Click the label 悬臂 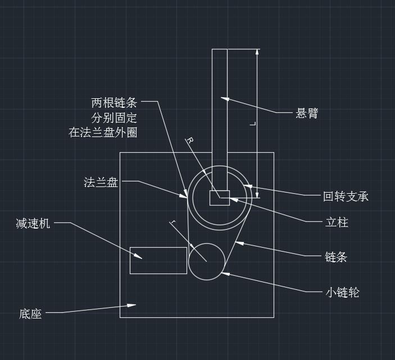point(307,113)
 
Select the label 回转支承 point(346,197)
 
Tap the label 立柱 point(337,222)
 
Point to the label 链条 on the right point(336,257)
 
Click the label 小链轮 point(342,293)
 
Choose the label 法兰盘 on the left point(101,182)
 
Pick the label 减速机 point(33,224)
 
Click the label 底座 point(30,314)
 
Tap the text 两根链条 point(114,103)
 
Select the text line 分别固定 point(114,118)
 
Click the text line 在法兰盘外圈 point(103,133)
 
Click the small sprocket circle point(206,261)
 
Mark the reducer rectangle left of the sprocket point(158,260)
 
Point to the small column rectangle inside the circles point(220,198)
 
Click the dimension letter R point(190,140)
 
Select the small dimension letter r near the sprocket point(173,224)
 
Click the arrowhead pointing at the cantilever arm point(225,99)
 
